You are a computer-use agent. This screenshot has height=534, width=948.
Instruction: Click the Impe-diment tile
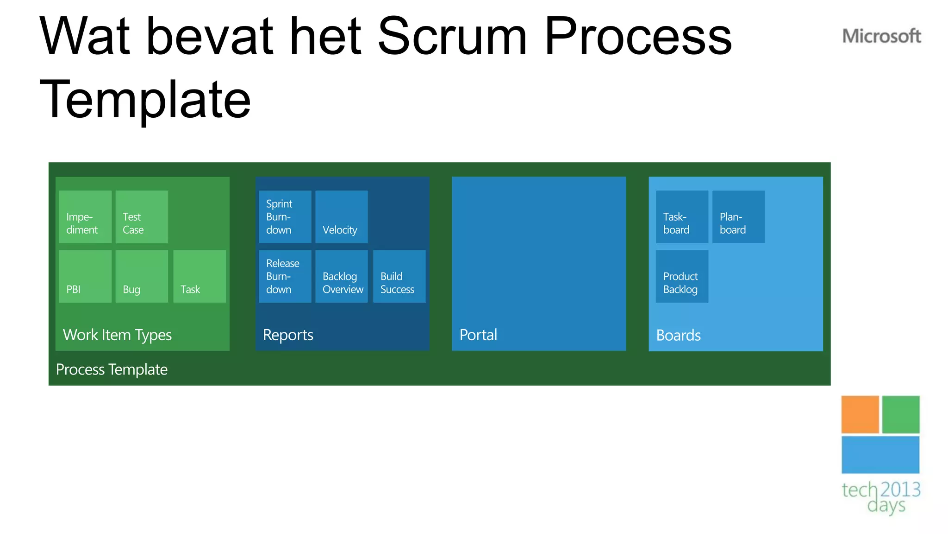pyautogui.click(x=85, y=217)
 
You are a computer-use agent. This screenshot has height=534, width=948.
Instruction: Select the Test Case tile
pyautogui.click(x=142, y=217)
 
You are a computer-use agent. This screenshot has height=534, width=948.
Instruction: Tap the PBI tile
pyautogui.click(x=85, y=276)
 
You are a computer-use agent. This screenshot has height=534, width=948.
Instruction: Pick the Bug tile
pyautogui.click(x=142, y=276)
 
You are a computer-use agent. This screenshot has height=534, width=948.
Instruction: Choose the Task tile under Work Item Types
pyautogui.click(x=200, y=276)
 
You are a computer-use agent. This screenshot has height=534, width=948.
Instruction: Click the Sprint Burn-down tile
pyautogui.click(x=285, y=217)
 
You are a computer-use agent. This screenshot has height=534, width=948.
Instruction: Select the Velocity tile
pyautogui.click(x=342, y=217)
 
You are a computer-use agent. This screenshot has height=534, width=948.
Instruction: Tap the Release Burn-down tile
pyautogui.click(x=285, y=276)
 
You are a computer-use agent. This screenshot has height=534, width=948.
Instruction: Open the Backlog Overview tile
pyautogui.click(x=342, y=276)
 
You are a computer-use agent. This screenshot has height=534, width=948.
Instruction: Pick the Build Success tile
pyautogui.click(x=399, y=276)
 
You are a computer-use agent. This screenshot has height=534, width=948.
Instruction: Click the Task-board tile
pyautogui.click(x=682, y=217)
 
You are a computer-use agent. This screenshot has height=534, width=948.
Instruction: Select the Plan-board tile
pyautogui.click(x=738, y=217)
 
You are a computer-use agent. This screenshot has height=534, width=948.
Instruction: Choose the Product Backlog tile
pyautogui.click(x=682, y=276)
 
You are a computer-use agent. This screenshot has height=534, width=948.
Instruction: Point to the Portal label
pyautogui.click(x=478, y=335)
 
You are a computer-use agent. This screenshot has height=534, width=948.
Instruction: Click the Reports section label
pyautogui.click(x=288, y=335)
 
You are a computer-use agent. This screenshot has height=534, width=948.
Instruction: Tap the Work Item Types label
pyautogui.click(x=117, y=335)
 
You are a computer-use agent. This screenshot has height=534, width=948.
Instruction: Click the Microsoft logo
pyautogui.click(x=881, y=36)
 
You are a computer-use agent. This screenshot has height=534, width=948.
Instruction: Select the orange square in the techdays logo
pyautogui.click(x=860, y=414)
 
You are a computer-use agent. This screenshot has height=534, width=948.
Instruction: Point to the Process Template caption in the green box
pyautogui.click(x=112, y=369)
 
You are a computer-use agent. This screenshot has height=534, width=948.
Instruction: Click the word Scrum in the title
pyautogui.click(x=452, y=36)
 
